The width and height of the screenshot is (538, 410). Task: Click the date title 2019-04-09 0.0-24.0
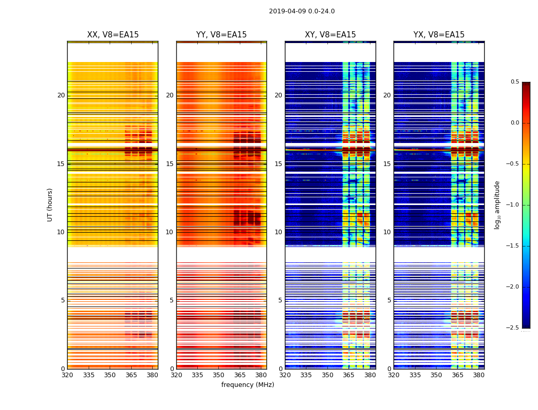302,11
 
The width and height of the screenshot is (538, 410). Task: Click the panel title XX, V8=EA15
113,35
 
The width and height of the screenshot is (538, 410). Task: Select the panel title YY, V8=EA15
221,35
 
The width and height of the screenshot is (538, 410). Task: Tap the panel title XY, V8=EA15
330,35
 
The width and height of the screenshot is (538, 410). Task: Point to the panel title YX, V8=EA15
439,35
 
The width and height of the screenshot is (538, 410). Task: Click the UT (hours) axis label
50,204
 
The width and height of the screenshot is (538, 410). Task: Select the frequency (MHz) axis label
247,385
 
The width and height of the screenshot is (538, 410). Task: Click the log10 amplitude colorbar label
497,205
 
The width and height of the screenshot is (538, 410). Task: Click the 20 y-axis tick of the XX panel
61,95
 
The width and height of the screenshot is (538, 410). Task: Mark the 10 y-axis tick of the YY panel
170,232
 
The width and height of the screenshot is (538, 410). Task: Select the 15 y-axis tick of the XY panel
278,164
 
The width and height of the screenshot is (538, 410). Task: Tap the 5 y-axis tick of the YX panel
389,300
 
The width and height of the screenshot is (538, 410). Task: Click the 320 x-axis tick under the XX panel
67,375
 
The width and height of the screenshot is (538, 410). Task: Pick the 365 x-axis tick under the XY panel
349,375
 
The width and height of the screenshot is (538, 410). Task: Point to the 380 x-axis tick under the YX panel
479,375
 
